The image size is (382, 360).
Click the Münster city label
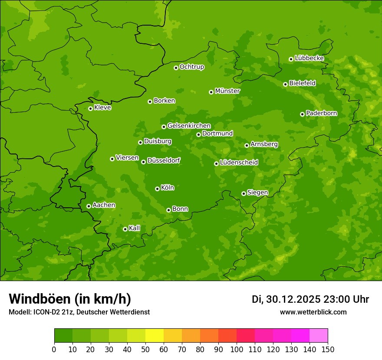pos(227,91)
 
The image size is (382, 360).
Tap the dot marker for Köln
pos(157,189)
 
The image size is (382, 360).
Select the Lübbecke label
pos(309,58)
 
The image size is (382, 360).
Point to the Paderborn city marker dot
pos(302,114)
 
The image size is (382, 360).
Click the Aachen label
pos(104,205)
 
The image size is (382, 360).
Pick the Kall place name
pos(135,228)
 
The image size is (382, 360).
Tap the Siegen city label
pos(257,193)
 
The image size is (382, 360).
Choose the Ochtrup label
pos(191,67)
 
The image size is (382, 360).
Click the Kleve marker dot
pos(90,108)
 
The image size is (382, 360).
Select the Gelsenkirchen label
pos(189,126)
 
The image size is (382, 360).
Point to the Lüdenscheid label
pos(239,163)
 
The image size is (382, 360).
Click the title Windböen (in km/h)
pos(70,299)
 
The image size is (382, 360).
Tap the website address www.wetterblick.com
pos(313,312)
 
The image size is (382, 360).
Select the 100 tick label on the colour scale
pos(237,349)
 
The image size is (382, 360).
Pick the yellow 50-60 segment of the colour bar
pos(154,336)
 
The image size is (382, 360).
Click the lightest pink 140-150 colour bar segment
pos(318,336)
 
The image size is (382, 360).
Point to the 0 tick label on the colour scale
pos(54,349)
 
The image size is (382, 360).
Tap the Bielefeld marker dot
pos(285,84)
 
